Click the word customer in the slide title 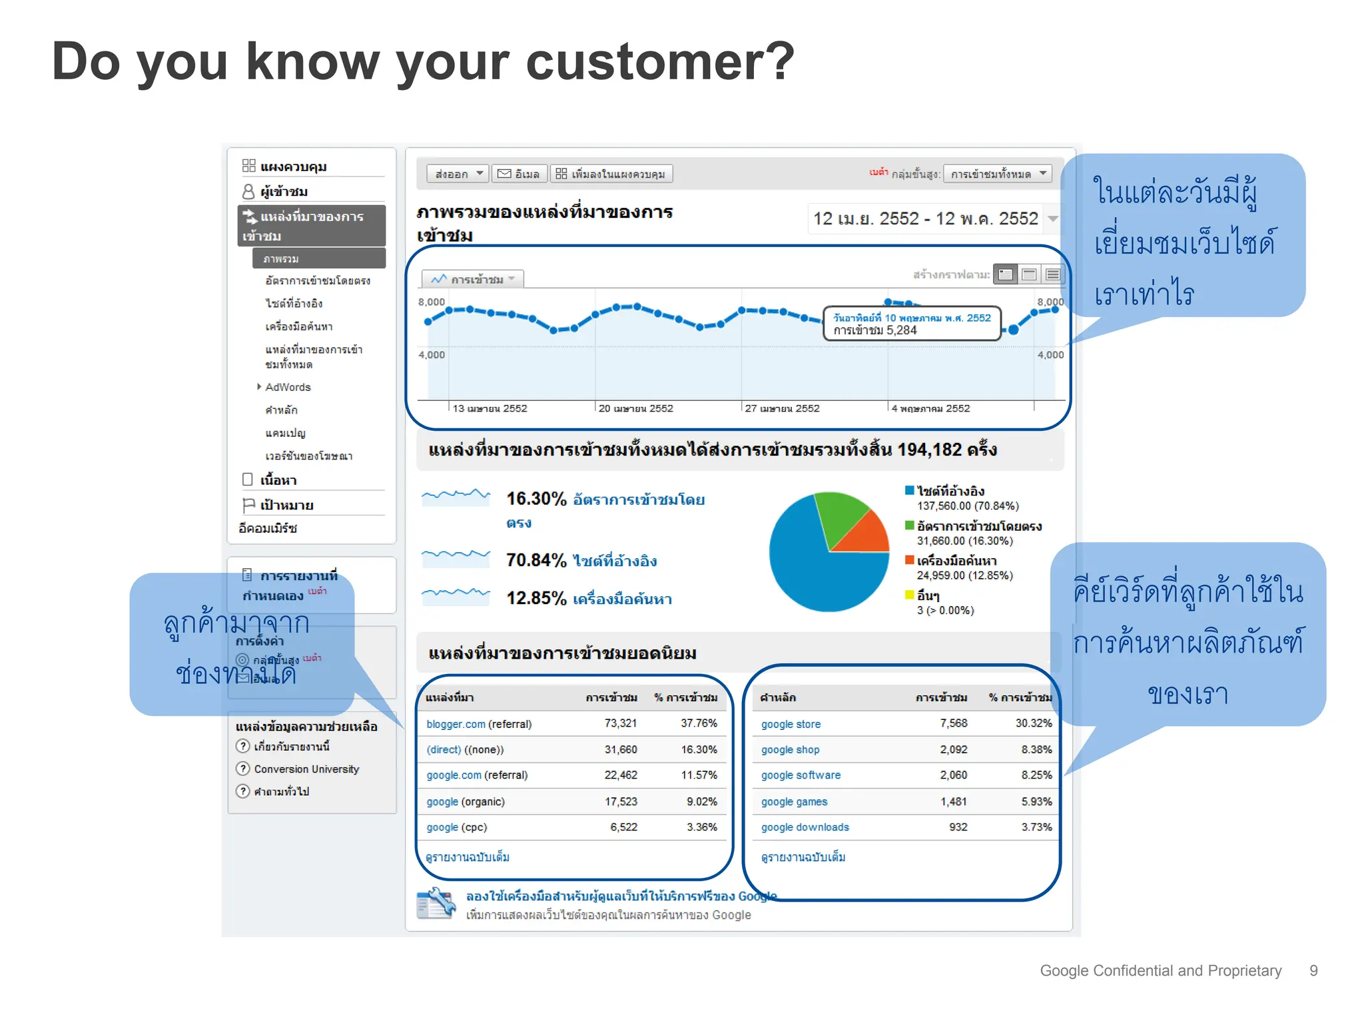[659, 62]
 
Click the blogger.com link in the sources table [456, 724]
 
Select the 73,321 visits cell [620, 723]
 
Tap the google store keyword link [791, 724]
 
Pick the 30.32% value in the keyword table [1033, 723]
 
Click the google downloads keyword [805, 827]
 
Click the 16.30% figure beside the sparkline [535, 499]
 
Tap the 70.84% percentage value [535, 560]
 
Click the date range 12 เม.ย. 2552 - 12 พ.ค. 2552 [925, 218]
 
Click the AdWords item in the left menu [288, 387]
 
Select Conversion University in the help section [306, 769]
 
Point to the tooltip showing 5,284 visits [912, 324]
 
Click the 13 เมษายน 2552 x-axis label [490, 408]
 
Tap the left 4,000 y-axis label [431, 355]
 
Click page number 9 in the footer [1313, 971]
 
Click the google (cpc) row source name [456, 827]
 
